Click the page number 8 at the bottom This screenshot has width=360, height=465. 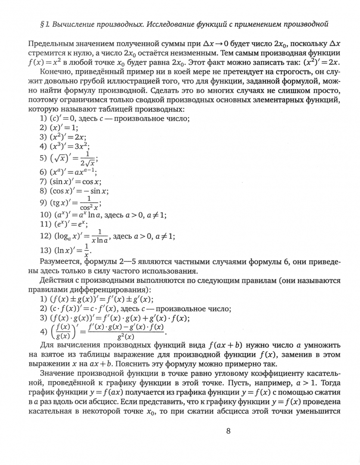point(228,431)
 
